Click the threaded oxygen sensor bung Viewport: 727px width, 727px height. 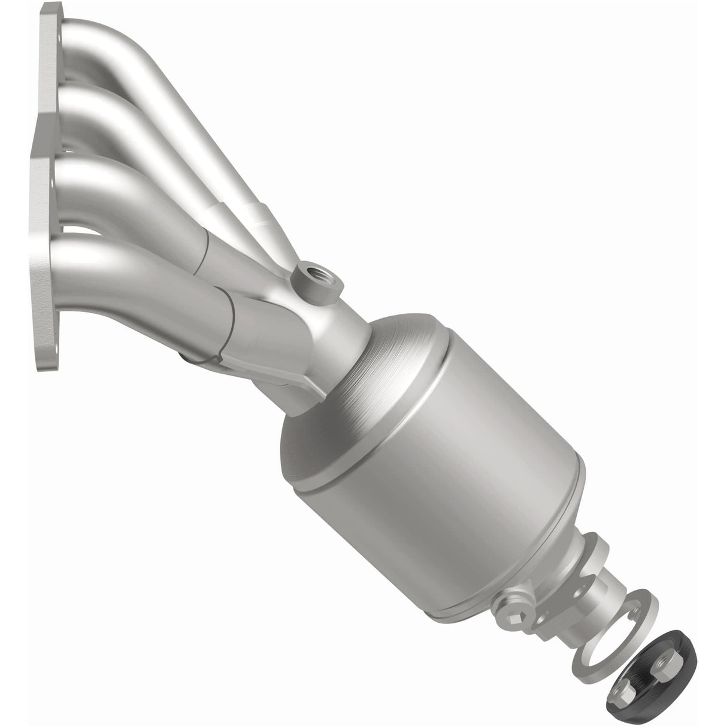[315, 280]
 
